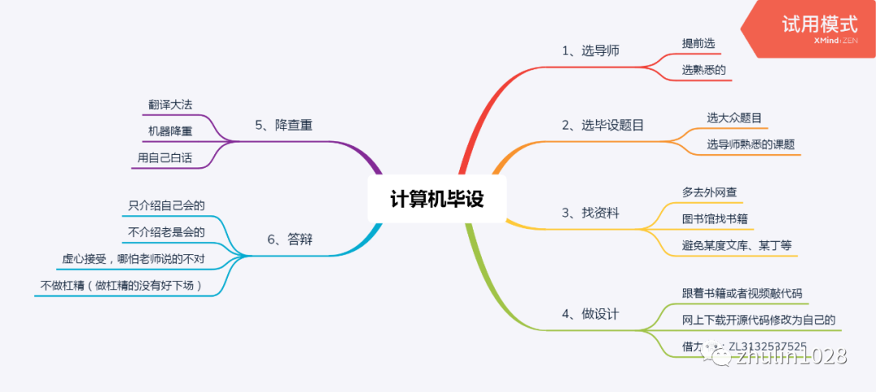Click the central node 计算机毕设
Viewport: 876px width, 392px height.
point(436,199)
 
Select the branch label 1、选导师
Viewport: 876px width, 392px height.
point(590,50)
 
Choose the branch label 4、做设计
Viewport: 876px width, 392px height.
point(590,313)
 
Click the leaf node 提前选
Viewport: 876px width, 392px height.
point(698,43)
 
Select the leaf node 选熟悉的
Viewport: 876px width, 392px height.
point(703,70)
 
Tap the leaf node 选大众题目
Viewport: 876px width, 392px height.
point(734,118)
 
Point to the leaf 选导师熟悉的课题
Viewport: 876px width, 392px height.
point(750,144)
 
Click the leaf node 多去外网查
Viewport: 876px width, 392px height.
point(709,192)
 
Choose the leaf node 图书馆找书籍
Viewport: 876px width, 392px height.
point(715,218)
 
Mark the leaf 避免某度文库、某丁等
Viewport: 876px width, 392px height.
point(737,245)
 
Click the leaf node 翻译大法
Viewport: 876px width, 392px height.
point(170,105)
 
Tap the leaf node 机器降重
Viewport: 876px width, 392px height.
point(170,131)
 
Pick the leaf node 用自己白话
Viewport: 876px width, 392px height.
point(165,157)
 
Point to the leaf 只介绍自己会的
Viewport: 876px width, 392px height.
point(166,205)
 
